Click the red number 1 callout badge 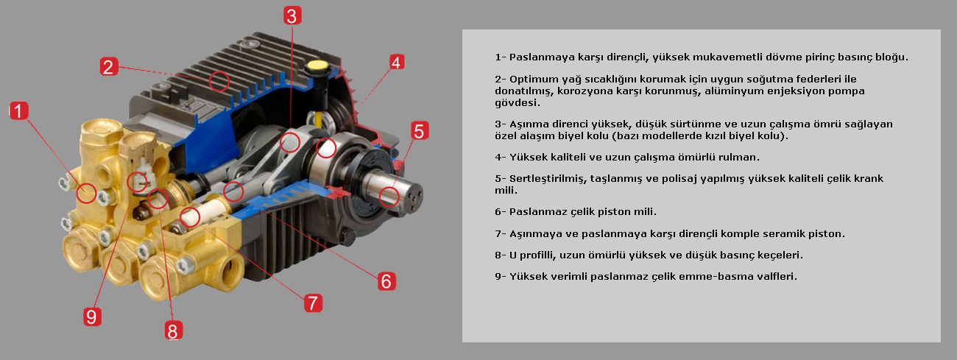[18, 111]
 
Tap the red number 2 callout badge [108, 67]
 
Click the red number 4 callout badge [396, 63]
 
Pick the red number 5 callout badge [418, 132]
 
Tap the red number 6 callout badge [386, 280]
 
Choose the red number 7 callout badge [314, 302]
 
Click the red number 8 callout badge [172, 331]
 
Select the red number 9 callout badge [91, 317]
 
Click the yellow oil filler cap [317, 66]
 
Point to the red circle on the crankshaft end [389, 196]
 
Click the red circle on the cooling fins [219, 80]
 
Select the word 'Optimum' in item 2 [533, 79]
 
